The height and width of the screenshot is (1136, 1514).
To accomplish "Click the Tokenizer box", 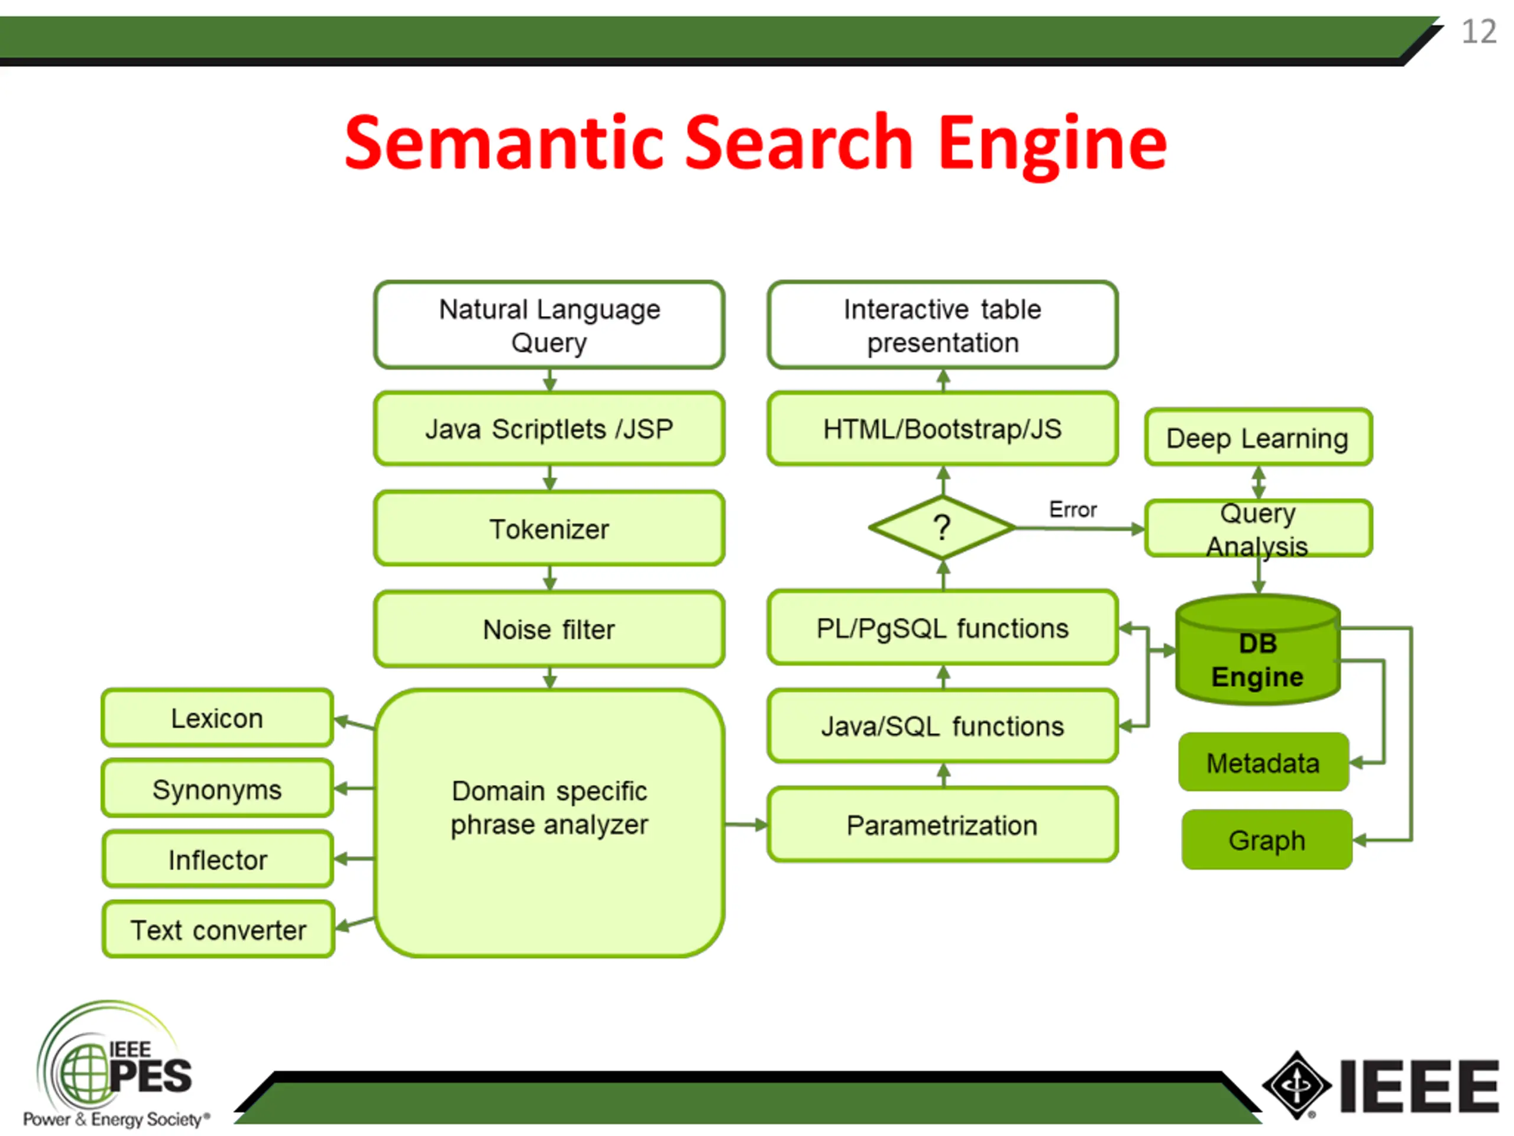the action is [549, 528].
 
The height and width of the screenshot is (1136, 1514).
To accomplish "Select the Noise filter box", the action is [549, 628].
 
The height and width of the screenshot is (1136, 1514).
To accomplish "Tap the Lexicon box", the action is [218, 718].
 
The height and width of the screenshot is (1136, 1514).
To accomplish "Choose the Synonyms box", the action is [218, 788].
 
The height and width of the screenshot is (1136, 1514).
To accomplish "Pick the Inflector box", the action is [218, 859].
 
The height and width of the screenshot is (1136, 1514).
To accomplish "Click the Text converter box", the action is [218, 929].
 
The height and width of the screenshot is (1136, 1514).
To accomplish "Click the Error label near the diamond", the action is [1073, 509].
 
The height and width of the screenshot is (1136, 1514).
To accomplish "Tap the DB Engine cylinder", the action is [1258, 649].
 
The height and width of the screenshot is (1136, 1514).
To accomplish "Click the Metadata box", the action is [1263, 762].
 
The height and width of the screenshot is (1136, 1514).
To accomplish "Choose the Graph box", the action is [1267, 840].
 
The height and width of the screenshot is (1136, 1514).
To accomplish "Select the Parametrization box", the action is [943, 824].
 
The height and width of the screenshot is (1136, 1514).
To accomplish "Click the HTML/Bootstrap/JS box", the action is [943, 428].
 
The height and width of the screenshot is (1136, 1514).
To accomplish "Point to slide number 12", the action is [1479, 31].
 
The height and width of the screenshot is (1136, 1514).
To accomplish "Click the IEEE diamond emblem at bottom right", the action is [1296, 1085].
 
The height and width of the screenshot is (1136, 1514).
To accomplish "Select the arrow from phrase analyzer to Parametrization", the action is [746, 824].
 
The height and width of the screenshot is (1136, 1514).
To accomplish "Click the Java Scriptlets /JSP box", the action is [549, 428].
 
